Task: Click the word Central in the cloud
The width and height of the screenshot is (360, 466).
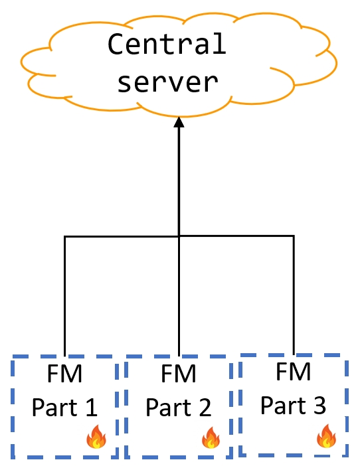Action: coord(167,44)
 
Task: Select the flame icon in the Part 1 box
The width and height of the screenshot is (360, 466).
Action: coord(96,438)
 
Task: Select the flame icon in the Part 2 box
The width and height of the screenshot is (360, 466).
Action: coord(211,437)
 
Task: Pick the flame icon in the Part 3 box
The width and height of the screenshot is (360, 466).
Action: coord(325,436)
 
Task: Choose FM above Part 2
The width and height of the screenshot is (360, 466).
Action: coord(179,374)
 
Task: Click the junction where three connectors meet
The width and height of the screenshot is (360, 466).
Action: coord(179,236)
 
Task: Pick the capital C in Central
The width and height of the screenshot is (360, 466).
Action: coord(116,44)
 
